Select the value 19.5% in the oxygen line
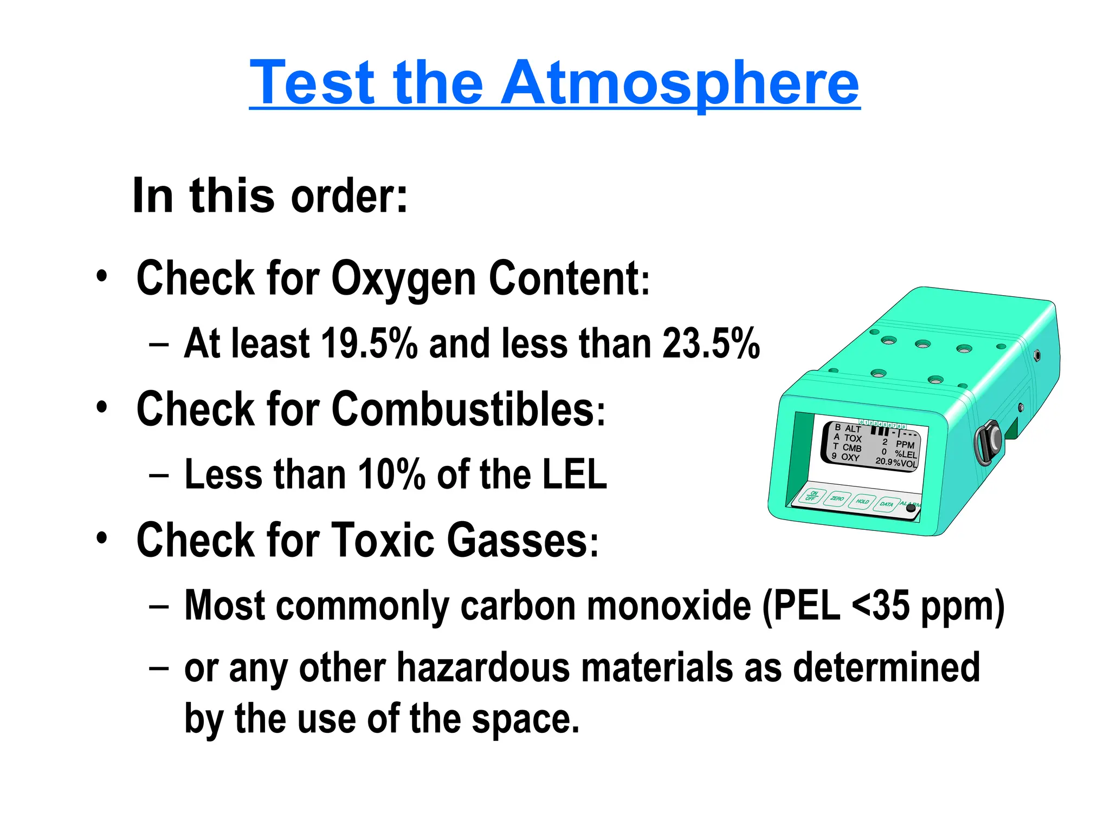pyautogui.click(x=369, y=343)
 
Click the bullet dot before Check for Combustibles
pyautogui.click(x=102, y=407)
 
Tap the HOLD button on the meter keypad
pyautogui.click(x=862, y=502)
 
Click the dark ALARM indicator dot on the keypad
pyautogui.click(x=911, y=508)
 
